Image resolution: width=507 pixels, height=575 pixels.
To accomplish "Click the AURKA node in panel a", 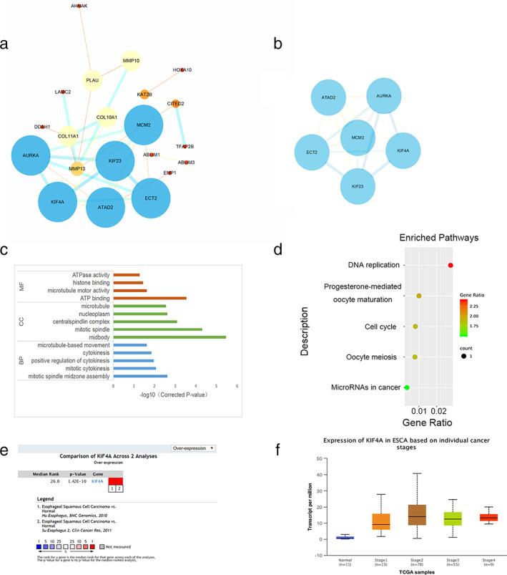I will click(x=35, y=155).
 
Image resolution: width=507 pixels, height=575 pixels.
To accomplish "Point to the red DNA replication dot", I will click(x=451, y=266).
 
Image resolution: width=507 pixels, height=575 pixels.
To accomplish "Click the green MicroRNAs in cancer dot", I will click(x=407, y=387).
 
